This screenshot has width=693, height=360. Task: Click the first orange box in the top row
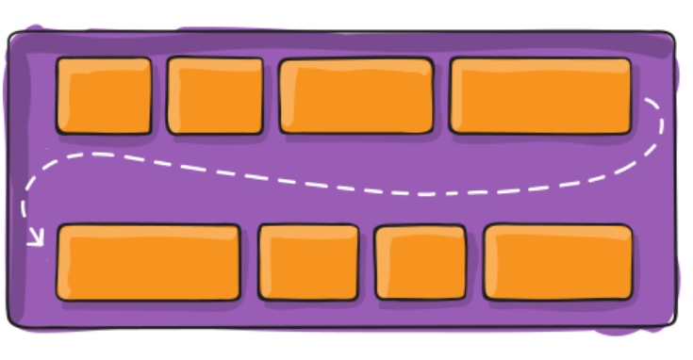click(x=104, y=95)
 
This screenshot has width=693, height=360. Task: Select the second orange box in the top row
click(x=215, y=95)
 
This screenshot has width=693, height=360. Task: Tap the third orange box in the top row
click(x=356, y=96)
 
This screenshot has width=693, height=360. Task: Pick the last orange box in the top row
click(x=540, y=95)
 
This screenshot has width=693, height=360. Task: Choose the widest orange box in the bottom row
click(x=149, y=262)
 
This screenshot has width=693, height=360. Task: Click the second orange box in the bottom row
click(x=308, y=262)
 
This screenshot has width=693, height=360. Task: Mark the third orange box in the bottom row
click(x=420, y=262)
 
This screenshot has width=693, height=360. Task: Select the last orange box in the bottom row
click(x=558, y=262)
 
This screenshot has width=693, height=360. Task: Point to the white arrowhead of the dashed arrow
click(x=36, y=239)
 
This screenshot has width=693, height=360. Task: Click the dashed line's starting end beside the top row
click(x=647, y=97)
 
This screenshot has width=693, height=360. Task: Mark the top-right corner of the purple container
click(x=671, y=36)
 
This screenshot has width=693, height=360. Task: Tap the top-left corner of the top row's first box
click(x=58, y=60)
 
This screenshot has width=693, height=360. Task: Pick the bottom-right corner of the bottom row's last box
click(x=631, y=299)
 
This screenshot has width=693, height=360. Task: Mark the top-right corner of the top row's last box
click(x=629, y=60)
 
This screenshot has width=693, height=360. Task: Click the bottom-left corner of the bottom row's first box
click(x=58, y=299)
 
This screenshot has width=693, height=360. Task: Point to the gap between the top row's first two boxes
click(x=159, y=95)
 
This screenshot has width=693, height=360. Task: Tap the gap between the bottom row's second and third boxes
click(x=367, y=262)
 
